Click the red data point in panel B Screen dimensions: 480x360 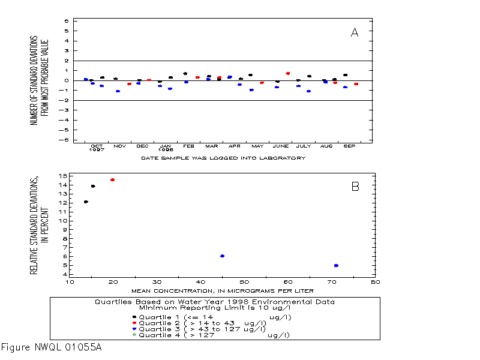[113, 179]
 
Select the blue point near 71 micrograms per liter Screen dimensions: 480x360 [336, 265]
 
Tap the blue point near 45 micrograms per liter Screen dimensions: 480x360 [222, 256]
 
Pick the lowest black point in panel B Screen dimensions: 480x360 [86, 202]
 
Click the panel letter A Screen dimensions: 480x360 [355, 32]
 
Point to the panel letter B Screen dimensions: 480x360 [355, 187]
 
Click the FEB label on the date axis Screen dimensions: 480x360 [188, 146]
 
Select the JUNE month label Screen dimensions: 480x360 [281, 146]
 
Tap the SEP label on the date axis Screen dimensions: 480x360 [349, 146]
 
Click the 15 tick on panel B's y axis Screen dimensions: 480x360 [63, 176]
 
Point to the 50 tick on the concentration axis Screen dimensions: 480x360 [244, 282]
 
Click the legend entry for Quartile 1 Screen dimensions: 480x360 [212, 317]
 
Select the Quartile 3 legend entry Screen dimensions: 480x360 [199, 329]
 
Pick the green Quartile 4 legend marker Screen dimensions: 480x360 [134, 335]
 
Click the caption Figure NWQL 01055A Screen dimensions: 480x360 [52, 347]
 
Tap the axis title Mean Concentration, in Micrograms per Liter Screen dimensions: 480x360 [223, 291]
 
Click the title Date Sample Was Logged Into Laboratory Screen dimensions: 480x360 [223, 158]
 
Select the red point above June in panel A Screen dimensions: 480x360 [288, 73]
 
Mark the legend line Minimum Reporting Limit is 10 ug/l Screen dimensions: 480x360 [215, 308]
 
